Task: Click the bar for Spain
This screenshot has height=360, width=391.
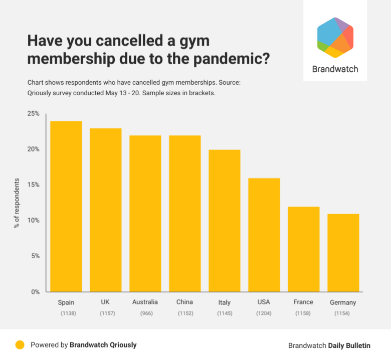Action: coord(66,207)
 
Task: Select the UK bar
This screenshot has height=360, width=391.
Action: coord(105,210)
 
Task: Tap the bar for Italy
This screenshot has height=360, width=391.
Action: coord(225,221)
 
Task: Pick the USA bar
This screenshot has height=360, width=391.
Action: coord(264,235)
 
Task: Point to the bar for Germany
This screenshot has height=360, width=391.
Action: coord(343,253)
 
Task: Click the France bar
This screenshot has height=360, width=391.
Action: coord(304,249)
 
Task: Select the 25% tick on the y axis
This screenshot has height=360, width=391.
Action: coord(34,114)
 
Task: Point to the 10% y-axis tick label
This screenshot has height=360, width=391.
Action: coord(34,221)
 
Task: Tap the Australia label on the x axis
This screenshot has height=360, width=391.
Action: coord(145,302)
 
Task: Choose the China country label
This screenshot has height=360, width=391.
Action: coord(184,302)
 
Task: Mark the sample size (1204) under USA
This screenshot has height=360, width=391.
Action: coord(264,313)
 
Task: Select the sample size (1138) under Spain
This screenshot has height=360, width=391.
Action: coord(66,313)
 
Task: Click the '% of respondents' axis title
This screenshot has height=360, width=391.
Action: coord(17,203)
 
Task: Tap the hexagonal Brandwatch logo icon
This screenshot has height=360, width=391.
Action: coord(335,38)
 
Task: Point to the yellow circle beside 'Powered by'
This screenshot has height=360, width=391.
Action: coord(20,345)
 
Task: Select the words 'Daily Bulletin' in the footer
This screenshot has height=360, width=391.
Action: coord(349,345)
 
